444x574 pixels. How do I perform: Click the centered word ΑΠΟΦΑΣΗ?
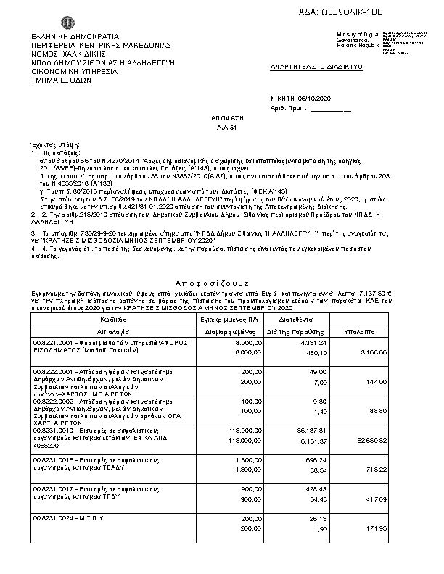222,117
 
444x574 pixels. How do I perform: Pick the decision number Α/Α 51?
222,126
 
